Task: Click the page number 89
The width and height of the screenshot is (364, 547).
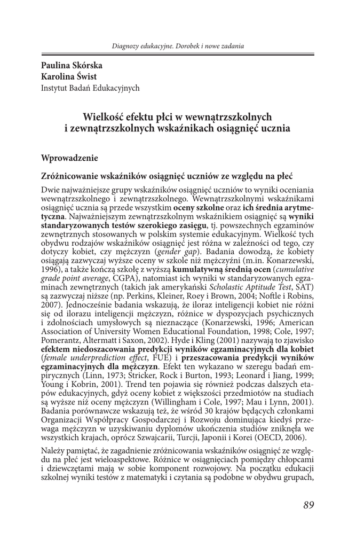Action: point(308,505)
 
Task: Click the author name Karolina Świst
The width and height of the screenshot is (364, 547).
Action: point(69,76)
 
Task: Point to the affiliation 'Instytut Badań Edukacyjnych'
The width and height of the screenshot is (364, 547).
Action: point(90,88)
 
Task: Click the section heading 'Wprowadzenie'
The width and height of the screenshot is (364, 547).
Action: point(70,158)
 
